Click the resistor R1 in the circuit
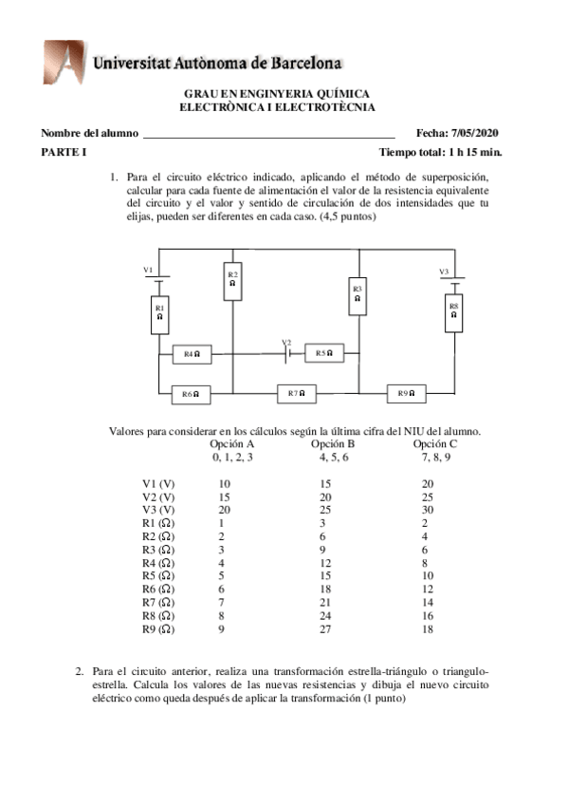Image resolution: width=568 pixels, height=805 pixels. click(x=160, y=314)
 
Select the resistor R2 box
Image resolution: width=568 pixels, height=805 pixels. click(x=232, y=280)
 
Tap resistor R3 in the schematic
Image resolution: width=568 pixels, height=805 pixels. click(x=357, y=294)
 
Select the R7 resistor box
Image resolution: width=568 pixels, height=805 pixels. click(x=297, y=392)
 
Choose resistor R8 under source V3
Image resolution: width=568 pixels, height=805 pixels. click(x=454, y=312)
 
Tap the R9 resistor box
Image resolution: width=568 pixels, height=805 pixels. click(x=407, y=392)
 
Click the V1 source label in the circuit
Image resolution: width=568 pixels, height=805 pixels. click(x=148, y=271)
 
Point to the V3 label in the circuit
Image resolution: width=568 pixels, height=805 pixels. click(x=443, y=271)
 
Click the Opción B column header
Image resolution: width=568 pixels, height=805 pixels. click(x=333, y=443)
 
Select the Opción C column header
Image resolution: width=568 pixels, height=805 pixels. click(x=434, y=443)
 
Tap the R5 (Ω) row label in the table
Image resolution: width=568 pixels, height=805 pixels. click(x=158, y=575)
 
